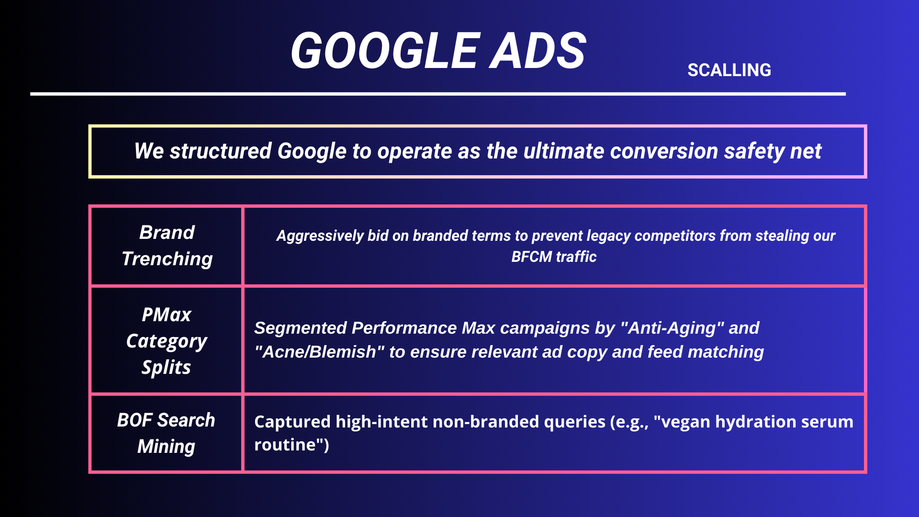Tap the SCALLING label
(x=729, y=70)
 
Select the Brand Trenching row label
(x=167, y=246)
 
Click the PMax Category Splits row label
(x=167, y=341)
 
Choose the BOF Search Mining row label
(x=166, y=433)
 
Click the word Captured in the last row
(x=292, y=422)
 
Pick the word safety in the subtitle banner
(x=754, y=151)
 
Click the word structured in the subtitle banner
(x=221, y=151)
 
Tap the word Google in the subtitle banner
(x=312, y=151)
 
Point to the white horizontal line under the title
(x=437, y=94)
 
